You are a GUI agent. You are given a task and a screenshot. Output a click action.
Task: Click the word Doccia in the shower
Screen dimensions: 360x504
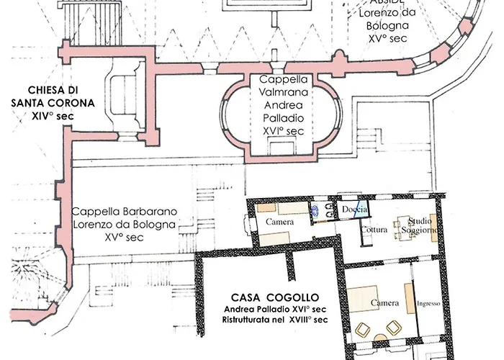[x=355, y=209]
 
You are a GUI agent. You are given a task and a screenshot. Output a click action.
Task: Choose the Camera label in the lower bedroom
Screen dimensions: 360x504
[x=384, y=303]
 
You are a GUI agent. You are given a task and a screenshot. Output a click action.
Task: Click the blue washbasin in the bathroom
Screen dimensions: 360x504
[x=317, y=212]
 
